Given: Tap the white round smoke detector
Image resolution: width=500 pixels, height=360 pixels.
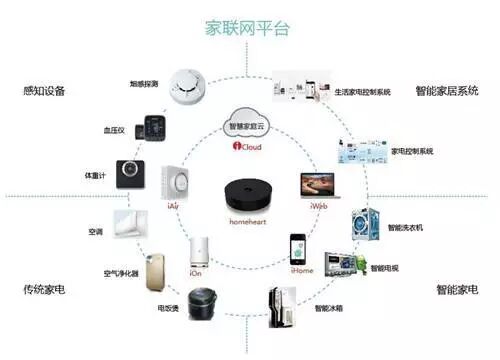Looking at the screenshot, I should (x=186, y=84).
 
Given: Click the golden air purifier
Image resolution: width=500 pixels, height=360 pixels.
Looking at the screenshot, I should (x=154, y=271).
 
